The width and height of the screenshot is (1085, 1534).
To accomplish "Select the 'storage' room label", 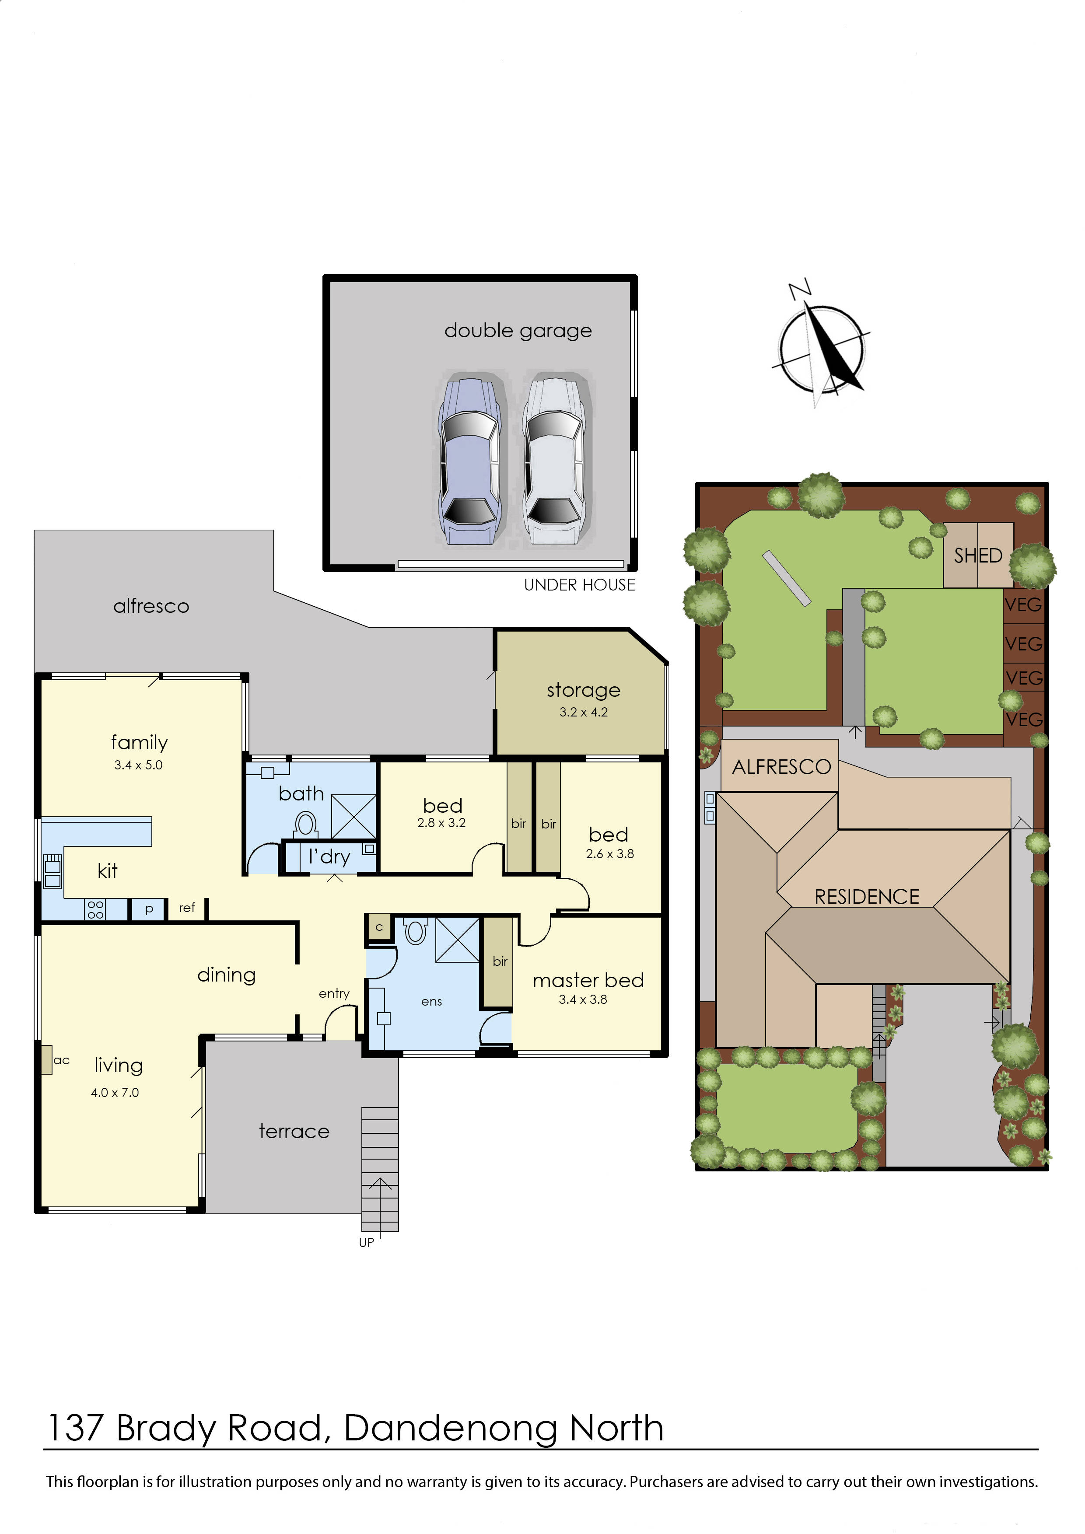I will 583,689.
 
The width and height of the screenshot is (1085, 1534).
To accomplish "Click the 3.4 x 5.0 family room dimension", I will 138,765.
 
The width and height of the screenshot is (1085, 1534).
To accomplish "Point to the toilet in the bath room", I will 306,823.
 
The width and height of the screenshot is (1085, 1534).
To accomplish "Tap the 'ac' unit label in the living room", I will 61,1060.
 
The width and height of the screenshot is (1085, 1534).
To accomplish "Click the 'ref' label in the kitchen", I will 186,907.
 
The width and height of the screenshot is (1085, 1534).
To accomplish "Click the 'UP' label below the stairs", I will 366,1243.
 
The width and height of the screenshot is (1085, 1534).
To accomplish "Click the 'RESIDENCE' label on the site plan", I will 867,897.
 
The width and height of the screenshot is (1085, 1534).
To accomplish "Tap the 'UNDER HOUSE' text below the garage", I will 579,585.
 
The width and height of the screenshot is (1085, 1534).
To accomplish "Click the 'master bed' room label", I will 588,980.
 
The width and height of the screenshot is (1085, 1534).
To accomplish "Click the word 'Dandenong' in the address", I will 450,1429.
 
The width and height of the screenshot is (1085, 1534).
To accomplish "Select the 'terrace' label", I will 294,1131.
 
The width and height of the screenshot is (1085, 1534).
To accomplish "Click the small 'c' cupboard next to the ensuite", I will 379,927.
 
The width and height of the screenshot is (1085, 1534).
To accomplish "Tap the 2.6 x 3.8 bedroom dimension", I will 609,854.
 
